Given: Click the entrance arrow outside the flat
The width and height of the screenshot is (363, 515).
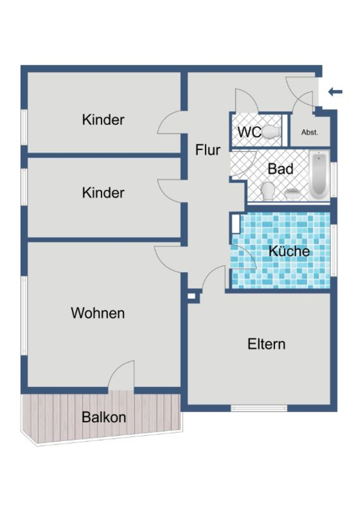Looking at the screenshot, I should click(335, 92).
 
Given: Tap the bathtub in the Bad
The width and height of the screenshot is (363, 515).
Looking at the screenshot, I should click(319, 175).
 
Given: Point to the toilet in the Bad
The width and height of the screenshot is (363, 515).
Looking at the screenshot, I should click(268, 191).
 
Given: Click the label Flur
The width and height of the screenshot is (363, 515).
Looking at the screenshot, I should click(208, 150).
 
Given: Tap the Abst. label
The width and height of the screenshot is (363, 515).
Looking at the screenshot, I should click(310, 133).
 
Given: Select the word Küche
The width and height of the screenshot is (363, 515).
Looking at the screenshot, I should click(289, 251).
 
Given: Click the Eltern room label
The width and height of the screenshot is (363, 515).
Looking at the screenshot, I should click(266, 344).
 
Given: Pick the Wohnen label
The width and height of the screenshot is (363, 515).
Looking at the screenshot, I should click(98, 313).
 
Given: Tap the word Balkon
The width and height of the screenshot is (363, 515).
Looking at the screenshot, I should click(104, 417).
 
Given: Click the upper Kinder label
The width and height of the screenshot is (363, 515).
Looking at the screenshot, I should click(103, 120).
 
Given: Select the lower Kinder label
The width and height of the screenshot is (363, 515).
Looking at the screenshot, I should click(103, 193).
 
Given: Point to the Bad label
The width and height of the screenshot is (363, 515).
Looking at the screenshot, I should click(280, 169).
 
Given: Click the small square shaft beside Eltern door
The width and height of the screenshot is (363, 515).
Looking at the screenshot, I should click(191, 296).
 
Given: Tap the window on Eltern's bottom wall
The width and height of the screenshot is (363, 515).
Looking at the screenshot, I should click(259, 408).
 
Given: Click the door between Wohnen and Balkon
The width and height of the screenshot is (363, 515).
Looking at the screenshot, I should click(121, 378).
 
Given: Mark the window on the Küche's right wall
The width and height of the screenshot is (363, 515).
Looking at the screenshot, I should click(334, 250).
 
